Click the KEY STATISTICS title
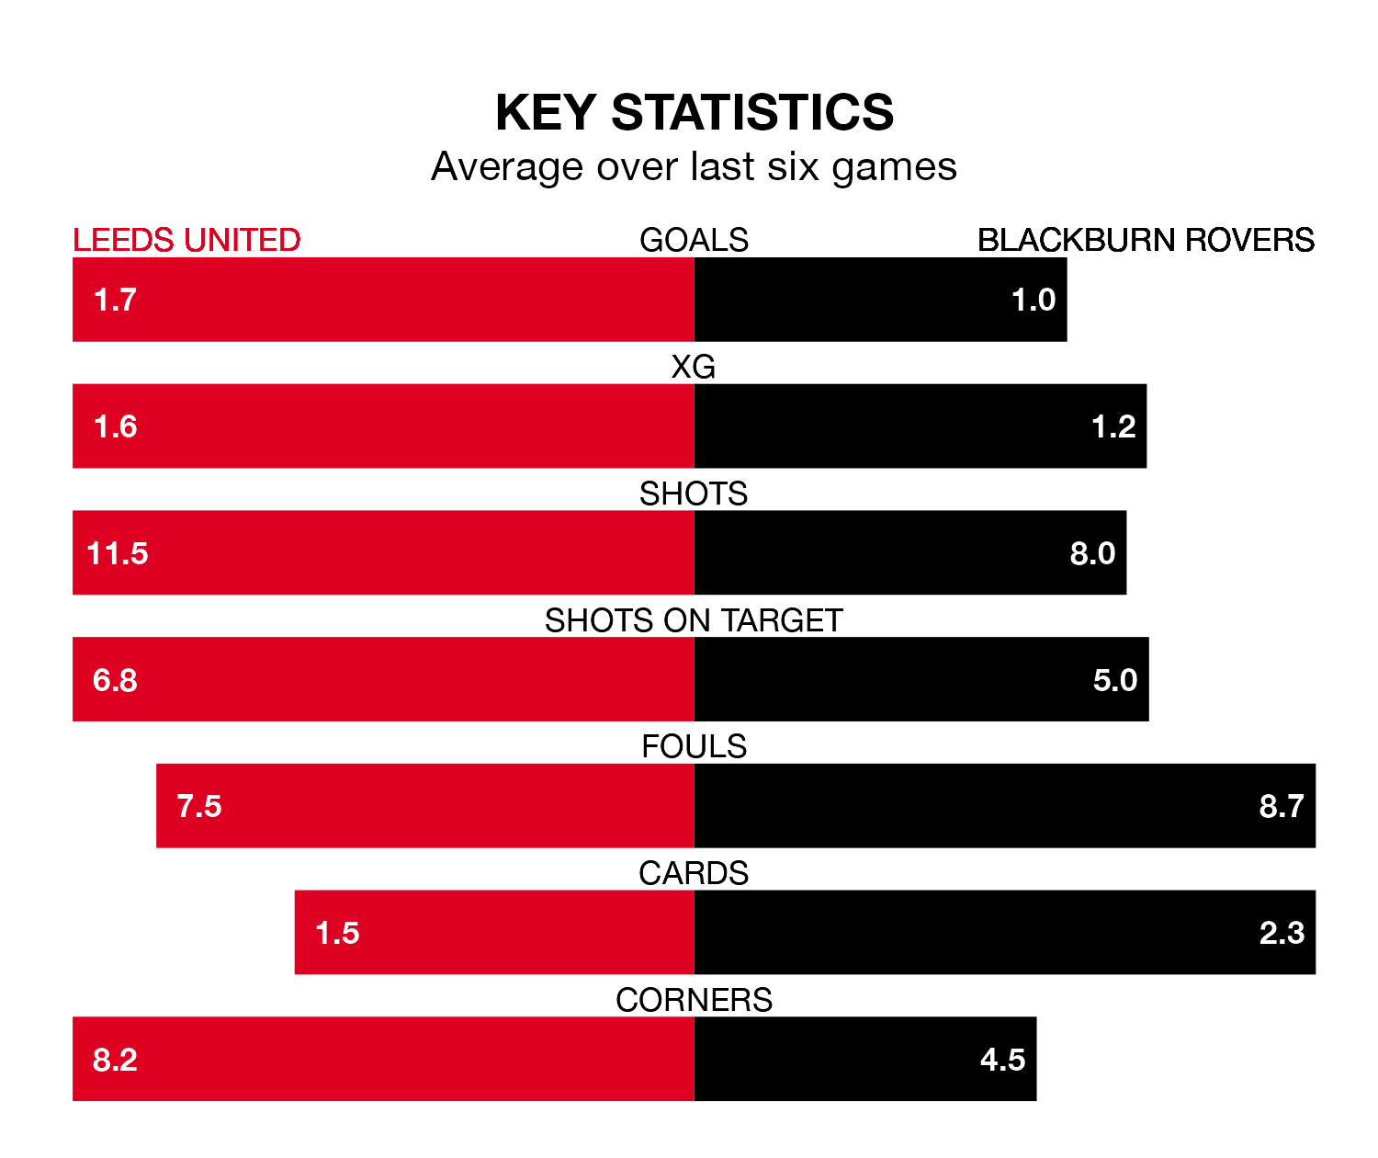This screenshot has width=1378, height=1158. point(694,113)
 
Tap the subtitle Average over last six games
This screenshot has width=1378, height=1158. point(694,167)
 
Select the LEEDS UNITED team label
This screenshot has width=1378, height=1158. point(186,240)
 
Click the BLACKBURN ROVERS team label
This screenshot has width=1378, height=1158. point(1146,240)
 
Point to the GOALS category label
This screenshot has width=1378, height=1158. point(694,240)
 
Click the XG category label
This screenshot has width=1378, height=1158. point(694,367)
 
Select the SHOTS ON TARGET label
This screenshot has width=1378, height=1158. point(694,620)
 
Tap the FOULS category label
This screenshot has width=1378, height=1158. point(694,746)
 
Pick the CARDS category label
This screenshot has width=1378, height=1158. point(694,873)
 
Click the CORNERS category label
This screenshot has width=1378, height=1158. point(694,1000)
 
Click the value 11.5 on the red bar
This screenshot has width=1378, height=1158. point(118,553)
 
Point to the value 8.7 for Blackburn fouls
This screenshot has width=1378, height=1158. point(1282,806)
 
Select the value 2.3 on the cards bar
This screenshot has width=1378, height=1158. point(1282,933)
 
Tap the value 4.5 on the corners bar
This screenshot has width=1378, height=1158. point(1002,1060)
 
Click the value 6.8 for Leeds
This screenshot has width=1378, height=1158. point(115,680)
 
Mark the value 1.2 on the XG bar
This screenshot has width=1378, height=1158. point(1113,426)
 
